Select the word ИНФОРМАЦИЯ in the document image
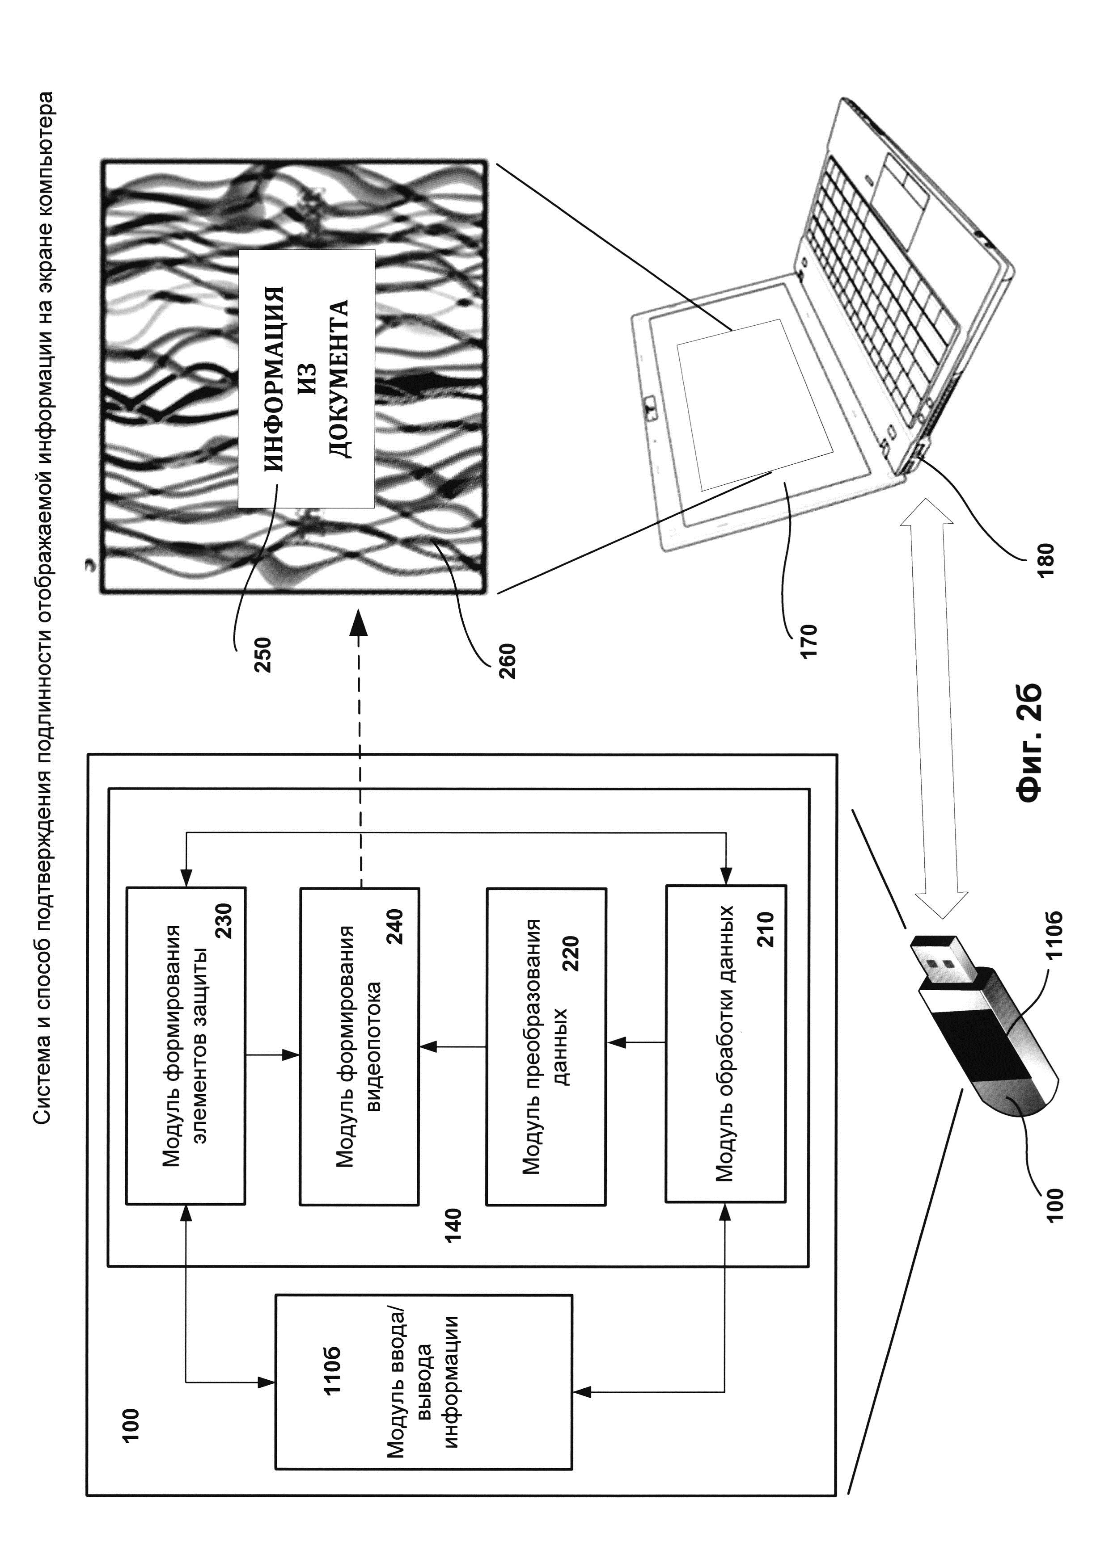[274, 379]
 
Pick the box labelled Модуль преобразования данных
[546, 1046]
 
